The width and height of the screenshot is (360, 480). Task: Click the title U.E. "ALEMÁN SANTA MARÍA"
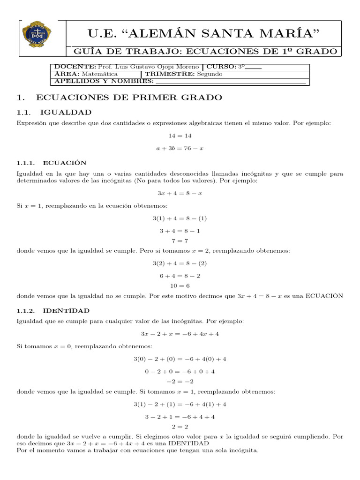tap(203, 33)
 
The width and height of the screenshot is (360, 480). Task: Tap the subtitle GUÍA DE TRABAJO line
tap(203, 51)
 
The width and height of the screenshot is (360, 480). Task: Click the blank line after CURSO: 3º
tap(254, 67)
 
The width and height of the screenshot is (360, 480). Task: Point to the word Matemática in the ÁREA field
tap(99, 74)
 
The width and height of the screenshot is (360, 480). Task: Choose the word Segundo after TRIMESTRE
tap(210, 74)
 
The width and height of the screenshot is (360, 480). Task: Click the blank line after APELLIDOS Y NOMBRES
tap(230, 82)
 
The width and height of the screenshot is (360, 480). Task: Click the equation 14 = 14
tap(180, 135)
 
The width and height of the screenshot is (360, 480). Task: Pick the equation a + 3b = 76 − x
tap(180, 148)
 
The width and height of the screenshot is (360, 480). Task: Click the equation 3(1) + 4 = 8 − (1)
tap(180, 218)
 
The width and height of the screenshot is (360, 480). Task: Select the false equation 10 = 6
tap(180, 285)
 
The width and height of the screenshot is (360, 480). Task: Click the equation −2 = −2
tap(180, 381)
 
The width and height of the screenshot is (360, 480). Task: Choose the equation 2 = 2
tap(180, 427)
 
